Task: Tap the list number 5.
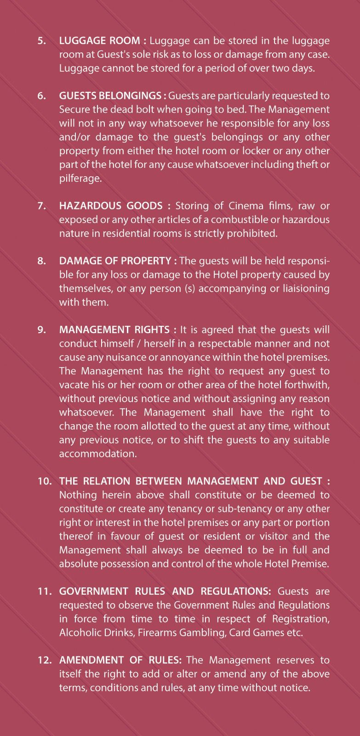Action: tap(42, 40)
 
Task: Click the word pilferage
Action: tap(80, 178)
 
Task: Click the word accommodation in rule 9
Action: tap(98, 454)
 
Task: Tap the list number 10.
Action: tap(45, 481)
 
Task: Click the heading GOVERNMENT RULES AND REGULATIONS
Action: tap(165, 591)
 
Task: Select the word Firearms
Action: tap(159, 632)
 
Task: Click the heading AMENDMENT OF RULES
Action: tap(120, 660)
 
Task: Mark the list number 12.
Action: tap(45, 660)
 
